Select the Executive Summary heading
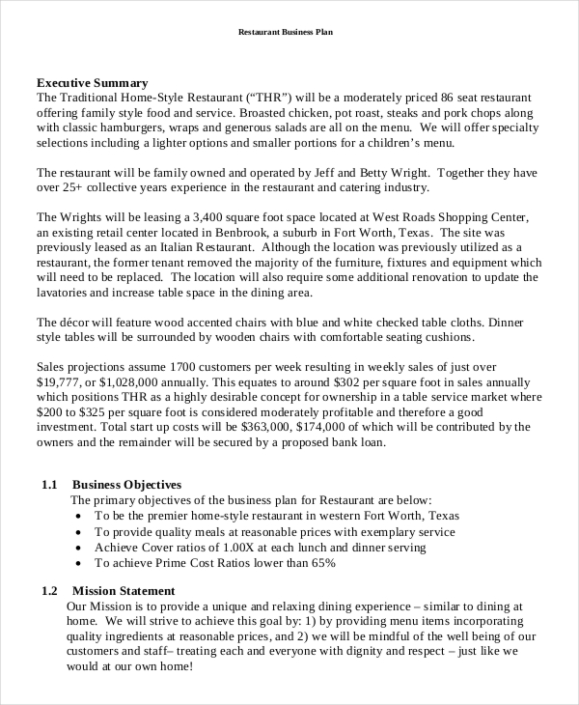(92, 83)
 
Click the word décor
(81, 322)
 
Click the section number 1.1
(51, 484)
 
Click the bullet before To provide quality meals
(78, 531)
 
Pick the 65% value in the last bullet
(321, 562)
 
